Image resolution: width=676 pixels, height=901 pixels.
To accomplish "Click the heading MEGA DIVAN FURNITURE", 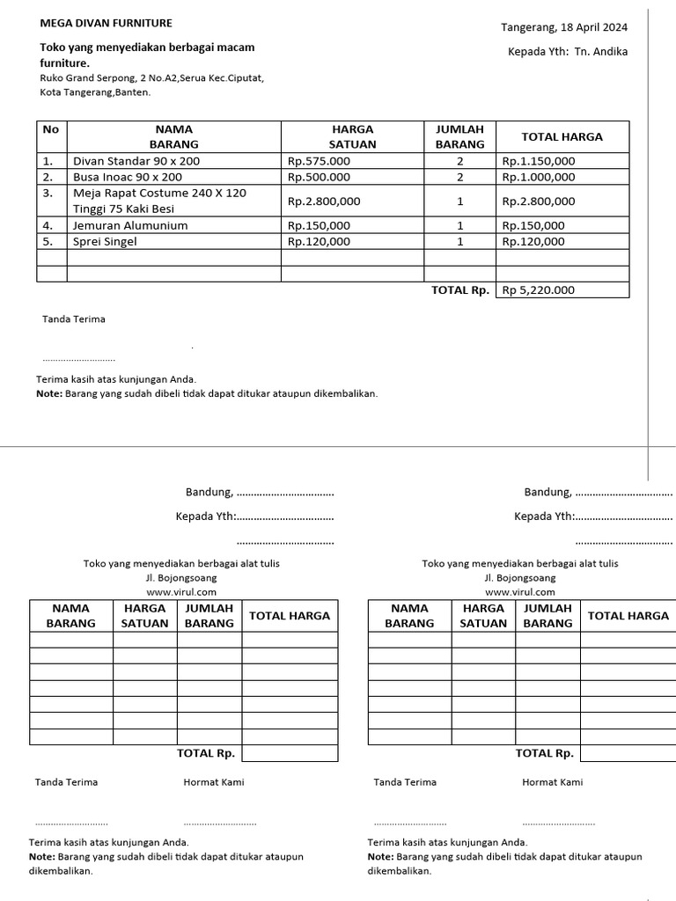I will [x=107, y=24].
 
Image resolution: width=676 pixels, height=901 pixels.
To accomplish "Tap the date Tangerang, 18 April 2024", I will [x=564, y=27].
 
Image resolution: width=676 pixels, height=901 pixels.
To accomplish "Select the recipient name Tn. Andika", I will [x=601, y=52].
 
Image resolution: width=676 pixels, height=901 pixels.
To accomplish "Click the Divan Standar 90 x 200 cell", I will [x=136, y=161].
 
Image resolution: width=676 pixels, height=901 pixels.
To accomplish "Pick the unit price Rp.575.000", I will [x=319, y=161].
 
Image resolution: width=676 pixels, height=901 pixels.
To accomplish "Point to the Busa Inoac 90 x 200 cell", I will [x=128, y=177].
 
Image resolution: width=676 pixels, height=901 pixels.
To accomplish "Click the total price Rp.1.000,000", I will [x=538, y=177].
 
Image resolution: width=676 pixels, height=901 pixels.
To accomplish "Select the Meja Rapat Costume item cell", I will [x=159, y=201].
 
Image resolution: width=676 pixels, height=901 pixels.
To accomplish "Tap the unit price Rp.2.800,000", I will [x=324, y=201].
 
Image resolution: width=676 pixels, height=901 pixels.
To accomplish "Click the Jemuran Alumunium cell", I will [x=130, y=225].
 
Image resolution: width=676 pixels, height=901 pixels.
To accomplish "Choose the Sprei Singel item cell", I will [x=105, y=241].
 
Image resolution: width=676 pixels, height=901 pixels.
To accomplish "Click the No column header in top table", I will [x=51, y=129].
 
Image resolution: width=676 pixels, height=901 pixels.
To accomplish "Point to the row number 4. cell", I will [x=48, y=225].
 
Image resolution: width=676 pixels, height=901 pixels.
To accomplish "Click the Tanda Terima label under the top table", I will [x=74, y=319].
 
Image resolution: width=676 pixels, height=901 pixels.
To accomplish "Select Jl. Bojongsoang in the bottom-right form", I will [x=519, y=578].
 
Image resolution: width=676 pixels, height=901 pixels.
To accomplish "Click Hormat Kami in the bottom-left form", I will [x=214, y=782].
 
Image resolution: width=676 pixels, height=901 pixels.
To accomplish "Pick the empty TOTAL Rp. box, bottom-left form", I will [x=290, y=753].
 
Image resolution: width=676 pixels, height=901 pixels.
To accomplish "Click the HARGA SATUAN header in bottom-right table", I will [x=483, y=615].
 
